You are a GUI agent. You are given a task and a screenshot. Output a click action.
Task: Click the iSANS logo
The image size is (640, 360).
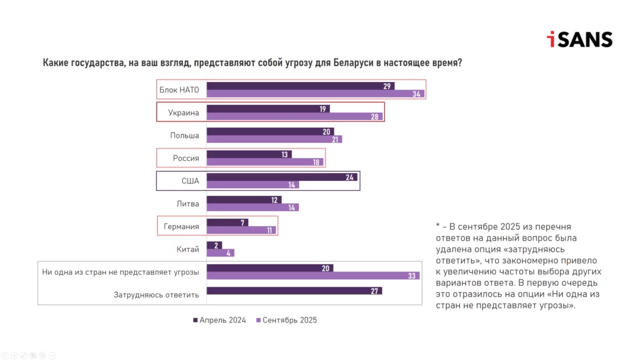pos(579,39)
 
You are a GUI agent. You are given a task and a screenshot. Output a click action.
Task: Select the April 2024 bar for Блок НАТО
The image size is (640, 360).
pos(299,86)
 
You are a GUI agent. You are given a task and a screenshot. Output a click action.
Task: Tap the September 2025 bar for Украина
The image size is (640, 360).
pos(293,116)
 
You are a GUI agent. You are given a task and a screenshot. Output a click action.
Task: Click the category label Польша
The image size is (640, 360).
pos(185,135)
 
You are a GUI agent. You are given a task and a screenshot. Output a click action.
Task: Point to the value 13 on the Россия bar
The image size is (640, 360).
pos(285,155)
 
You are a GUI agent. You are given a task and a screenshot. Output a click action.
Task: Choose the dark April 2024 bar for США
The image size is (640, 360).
pos(280,177)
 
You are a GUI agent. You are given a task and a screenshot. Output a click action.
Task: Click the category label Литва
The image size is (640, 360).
pos(188,203)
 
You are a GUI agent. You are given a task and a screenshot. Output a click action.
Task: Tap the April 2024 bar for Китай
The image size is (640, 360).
pos(214,245)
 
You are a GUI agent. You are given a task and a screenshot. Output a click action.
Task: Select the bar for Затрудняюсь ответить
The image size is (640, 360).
pos(293,291)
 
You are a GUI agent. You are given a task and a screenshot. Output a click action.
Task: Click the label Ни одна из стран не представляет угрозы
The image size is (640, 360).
pos(121,272)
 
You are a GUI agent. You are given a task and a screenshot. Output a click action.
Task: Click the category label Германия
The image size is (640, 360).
pos(181,226)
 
